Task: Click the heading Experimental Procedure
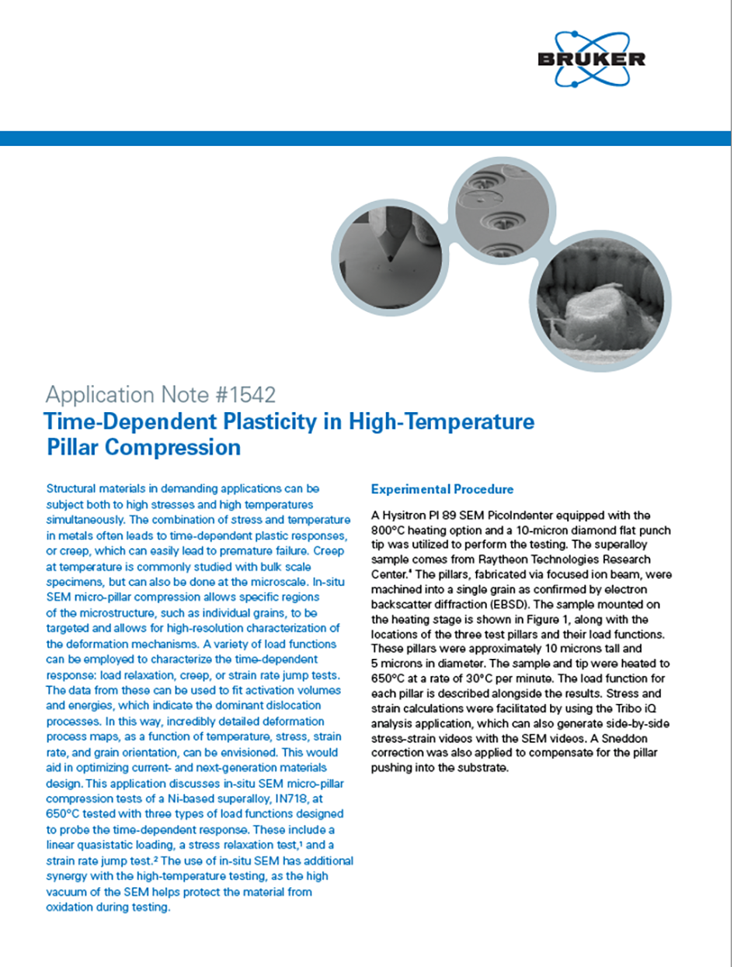(442, 490)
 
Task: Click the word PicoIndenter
(536, 515)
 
